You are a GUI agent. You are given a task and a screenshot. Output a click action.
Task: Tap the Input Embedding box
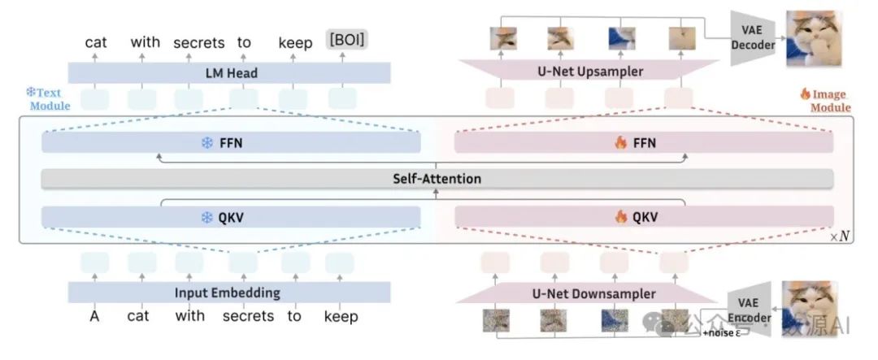(x=228, y=293)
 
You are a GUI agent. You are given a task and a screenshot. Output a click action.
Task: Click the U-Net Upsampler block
(x=589, y=72)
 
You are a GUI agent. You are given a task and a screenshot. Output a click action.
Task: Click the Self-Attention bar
(x=437, y=179)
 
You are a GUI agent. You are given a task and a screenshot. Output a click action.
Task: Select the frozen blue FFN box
(x=231, y=143)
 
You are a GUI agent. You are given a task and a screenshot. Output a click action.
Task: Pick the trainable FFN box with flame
(x=644, y=143)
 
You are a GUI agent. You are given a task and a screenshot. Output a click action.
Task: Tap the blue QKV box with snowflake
(x=231, y=217)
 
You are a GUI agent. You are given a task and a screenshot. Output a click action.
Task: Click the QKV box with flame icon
(x=644, y=217)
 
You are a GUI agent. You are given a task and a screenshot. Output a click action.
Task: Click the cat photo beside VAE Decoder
(x=814, y=37)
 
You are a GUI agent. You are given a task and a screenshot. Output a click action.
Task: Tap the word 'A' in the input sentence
(x=94, y=316)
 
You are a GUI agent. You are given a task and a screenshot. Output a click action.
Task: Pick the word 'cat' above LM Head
(x=95, y=42)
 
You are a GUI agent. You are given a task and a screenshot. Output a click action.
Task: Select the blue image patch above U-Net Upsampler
(x=619, y=37)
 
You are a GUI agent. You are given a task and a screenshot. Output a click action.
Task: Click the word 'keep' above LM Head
(x=295, y=42)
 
